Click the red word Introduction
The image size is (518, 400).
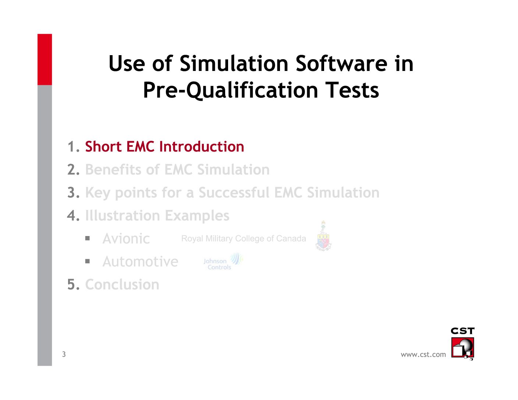tap(202, 146)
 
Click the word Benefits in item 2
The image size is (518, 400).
tap(113, 169)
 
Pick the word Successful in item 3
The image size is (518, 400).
tap(234, 193)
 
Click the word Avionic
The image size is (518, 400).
tap(126, 239)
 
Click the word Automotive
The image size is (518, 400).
tap(140, 262)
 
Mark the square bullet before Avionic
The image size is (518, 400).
tap(88, 238)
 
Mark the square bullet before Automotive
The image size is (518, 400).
tap(88, 261)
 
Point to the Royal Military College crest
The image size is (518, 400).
tap(323, 236)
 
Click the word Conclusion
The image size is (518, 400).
tap(122, 285)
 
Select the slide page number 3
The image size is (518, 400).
tap(64, 354)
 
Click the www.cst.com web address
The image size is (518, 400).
tap(423, 354)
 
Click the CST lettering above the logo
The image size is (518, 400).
tap(462, 331)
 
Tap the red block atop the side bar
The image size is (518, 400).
tap(45, 59)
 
